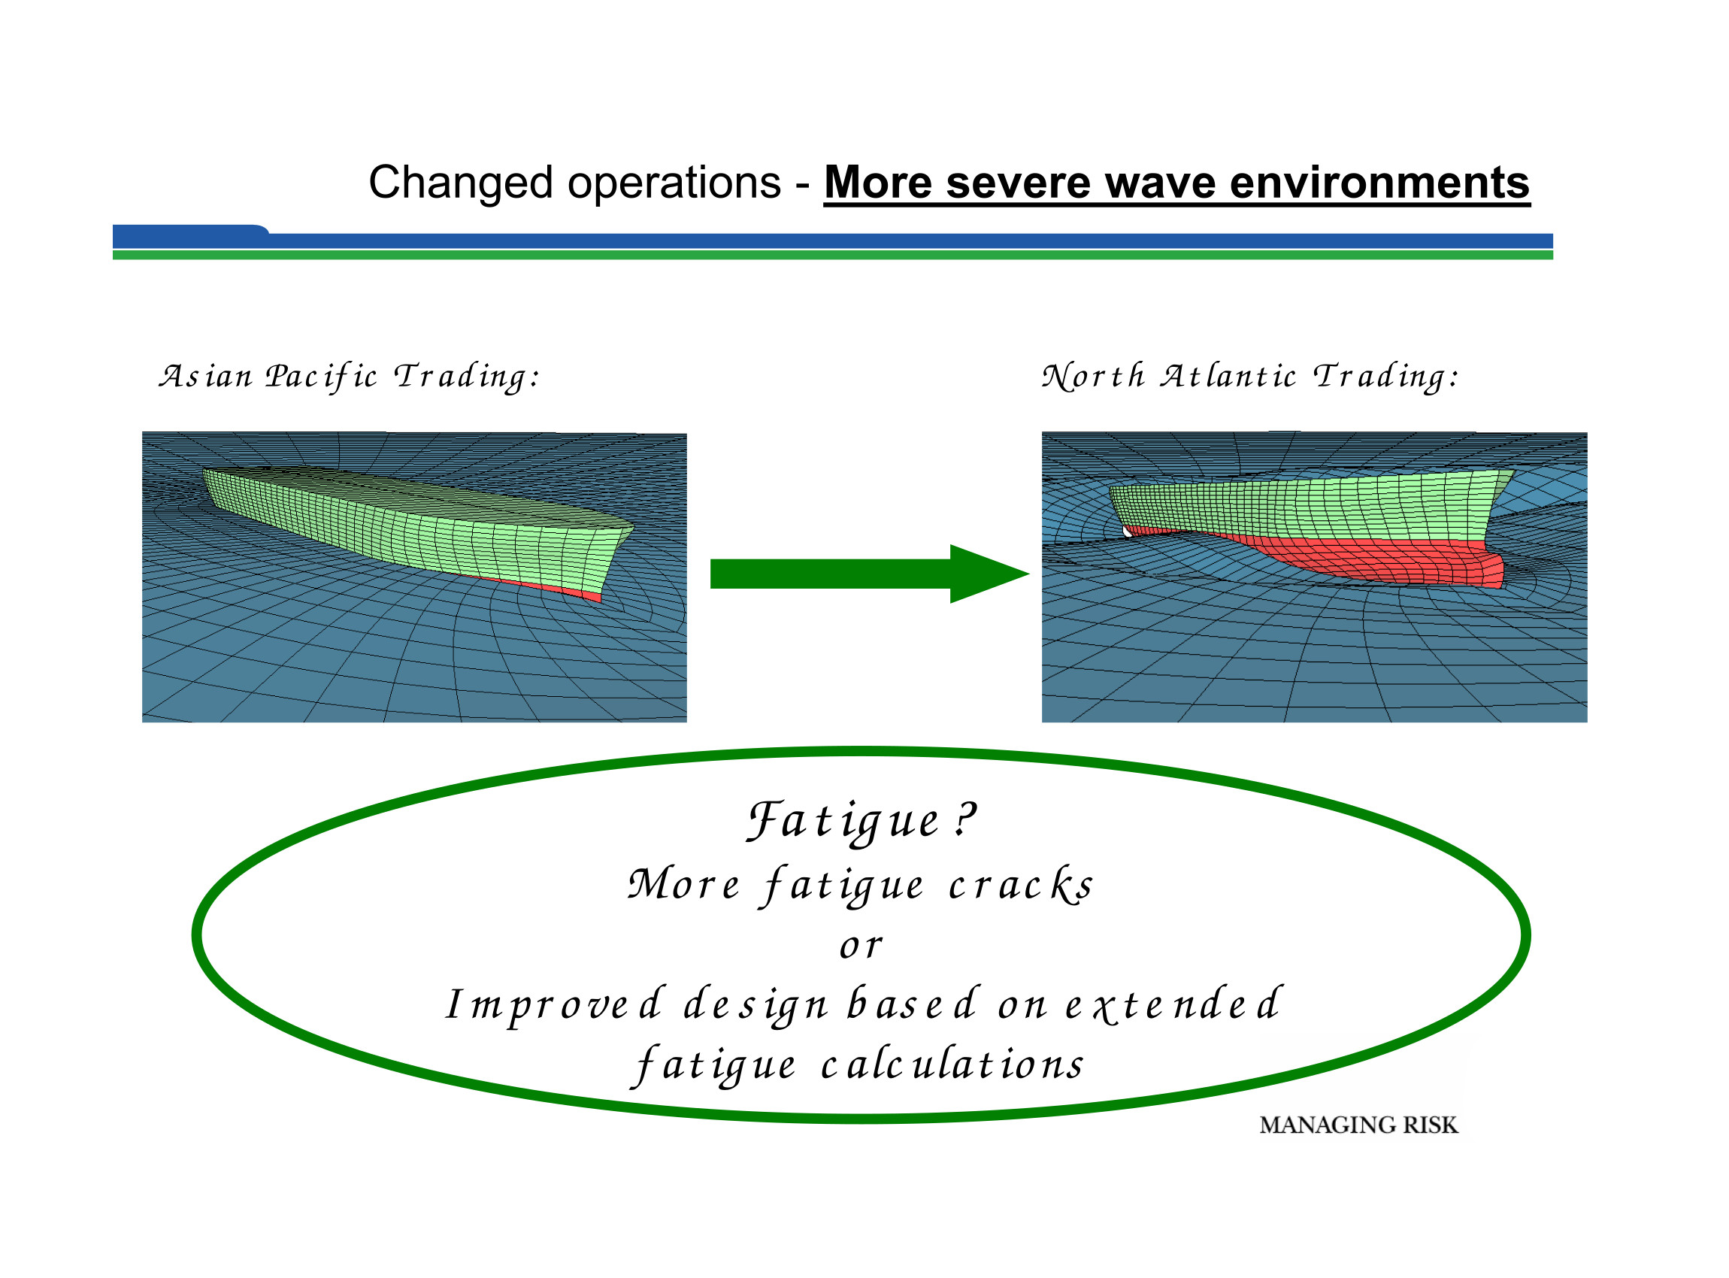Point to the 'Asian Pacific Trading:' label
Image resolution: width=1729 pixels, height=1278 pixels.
click(x=349, y=377)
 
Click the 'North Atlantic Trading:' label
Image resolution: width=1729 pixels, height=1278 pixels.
click(x=1250, y=377)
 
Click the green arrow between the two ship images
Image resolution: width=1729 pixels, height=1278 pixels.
click(x=867, y=574)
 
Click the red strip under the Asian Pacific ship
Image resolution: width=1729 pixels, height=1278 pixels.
click(x=541, y=586)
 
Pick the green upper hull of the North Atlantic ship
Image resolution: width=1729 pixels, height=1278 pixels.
click(x=1315, y=507)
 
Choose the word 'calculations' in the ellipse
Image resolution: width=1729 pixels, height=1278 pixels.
click(x=953, y=1065)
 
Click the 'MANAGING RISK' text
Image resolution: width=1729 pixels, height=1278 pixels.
click(x=1358, y=1125)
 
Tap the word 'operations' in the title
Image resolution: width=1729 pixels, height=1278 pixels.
click(x=674, y=184)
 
